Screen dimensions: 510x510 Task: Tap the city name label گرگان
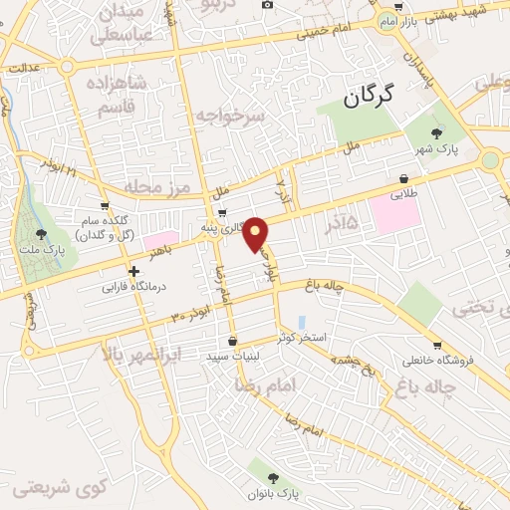point(369,98)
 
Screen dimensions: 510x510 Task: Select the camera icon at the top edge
point(267,5)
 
